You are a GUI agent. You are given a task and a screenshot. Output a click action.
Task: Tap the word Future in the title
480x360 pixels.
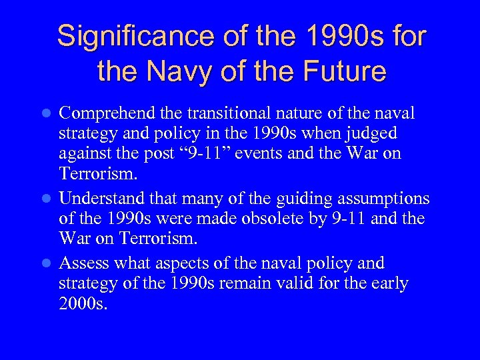point(344,70)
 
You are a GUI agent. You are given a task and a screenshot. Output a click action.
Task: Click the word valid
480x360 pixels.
point(319,283)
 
